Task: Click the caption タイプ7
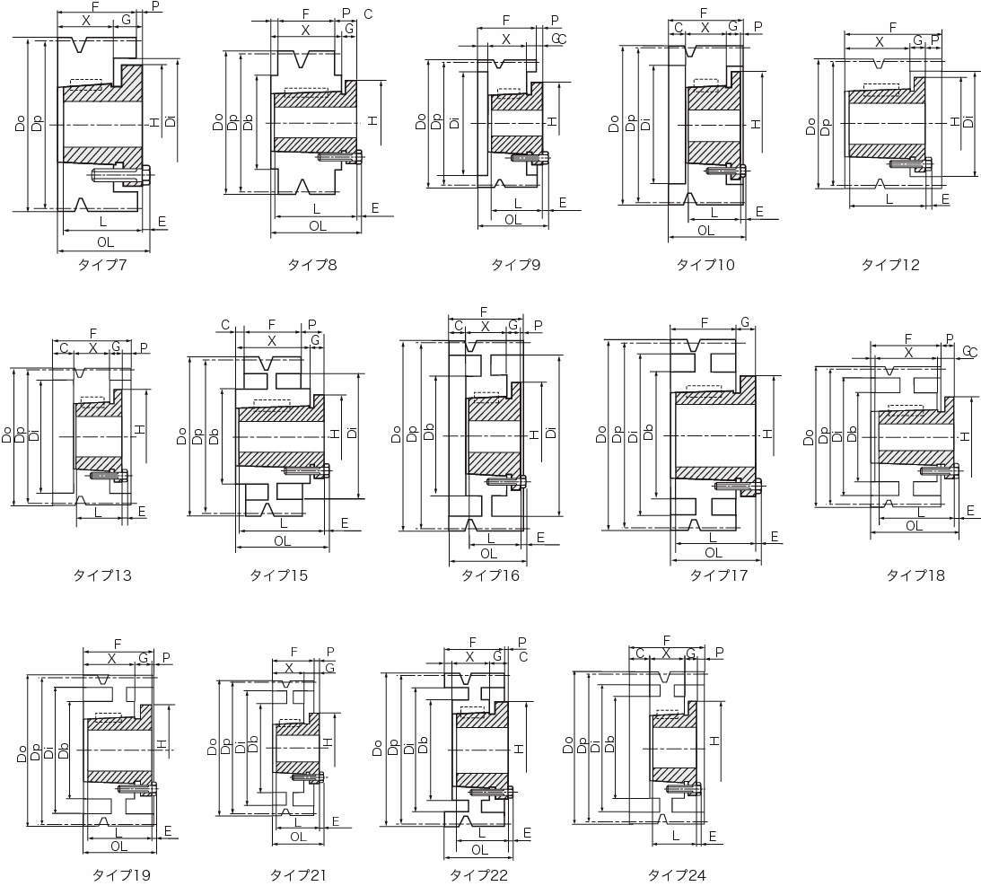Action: pyautogui.click(x=102, y=265)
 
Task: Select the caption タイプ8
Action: pyautogui.click(x=311, y=265)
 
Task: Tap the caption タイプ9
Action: pyautogui.click(x=515, y=265)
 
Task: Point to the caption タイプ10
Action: pyautogui.click(x=705, y=265)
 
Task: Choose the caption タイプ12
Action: pyautogui.click(x=890, y=265)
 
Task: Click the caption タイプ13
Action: pyautogui.click(x=102, y=575)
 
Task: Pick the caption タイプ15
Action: pyautogui.click(x=278, y=575)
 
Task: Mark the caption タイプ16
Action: pyautogui.click(x=490, y=575)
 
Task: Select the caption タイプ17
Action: pyautogui.click(x=718, y=575)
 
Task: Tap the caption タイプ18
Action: pyautogui.click(x=915, y=575)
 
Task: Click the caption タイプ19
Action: pyautogui.click(x=121, y=874)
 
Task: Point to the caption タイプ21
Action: pyautogui.click(x=298, y=874)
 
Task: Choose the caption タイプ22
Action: pyautogui.click(x=478, y=874)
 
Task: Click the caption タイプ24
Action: pyautogui.click(x=677, y=874)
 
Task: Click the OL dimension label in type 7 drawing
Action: pyautogui.click(x=105, y=241)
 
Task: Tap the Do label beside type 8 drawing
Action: pyautogui.click(x=218, y=121)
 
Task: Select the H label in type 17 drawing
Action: pyautogui.click(x=767, y=434)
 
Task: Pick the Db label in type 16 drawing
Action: pyautogui.click(x=428, y=432)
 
